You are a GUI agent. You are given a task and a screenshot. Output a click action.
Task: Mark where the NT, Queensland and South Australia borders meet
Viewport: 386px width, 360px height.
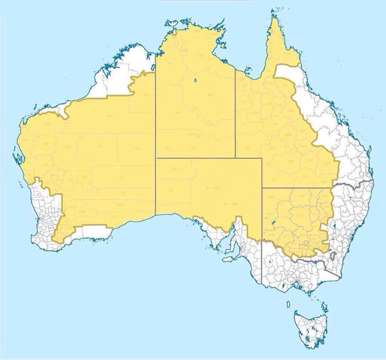(x=235, y=157)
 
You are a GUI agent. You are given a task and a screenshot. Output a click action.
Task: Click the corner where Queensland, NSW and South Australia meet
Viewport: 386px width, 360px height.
(x=262, y=188)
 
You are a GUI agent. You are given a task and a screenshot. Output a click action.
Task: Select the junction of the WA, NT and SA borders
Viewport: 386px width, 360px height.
(x=156, y=157)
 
